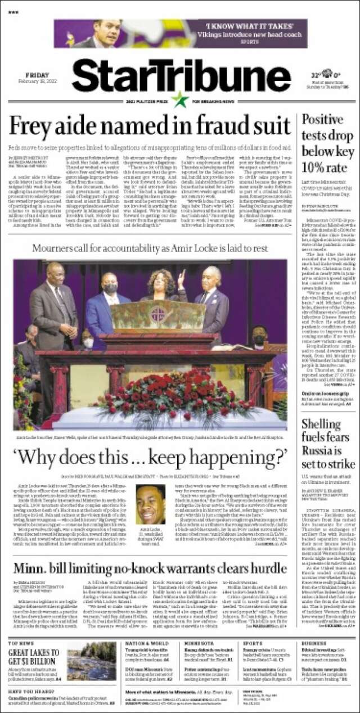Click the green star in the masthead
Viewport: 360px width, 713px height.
point(180,100)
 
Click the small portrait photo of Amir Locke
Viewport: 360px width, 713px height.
point(150,504)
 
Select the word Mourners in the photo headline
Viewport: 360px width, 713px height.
point(56,249)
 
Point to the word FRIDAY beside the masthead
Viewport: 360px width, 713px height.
point(37,75)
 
